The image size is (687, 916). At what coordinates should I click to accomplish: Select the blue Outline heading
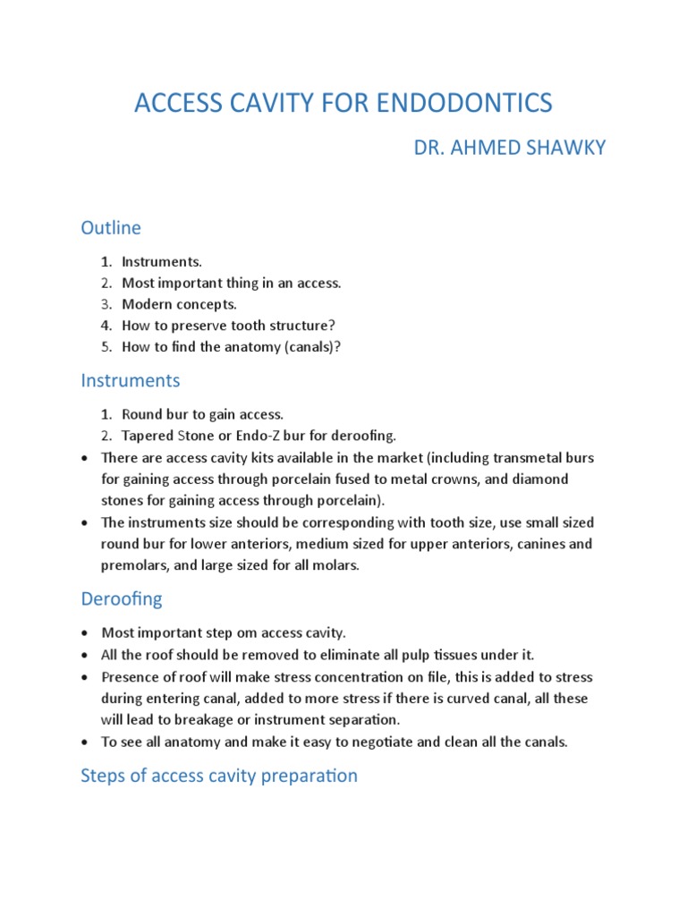[x=111, y=228]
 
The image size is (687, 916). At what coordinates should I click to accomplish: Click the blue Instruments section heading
[x=131, y=380]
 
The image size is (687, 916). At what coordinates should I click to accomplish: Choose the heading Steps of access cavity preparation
[x=219, y=776]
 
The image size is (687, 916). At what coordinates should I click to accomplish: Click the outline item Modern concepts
[x=180, y=304]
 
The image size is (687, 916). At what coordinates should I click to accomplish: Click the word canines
[x=540, y=544]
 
